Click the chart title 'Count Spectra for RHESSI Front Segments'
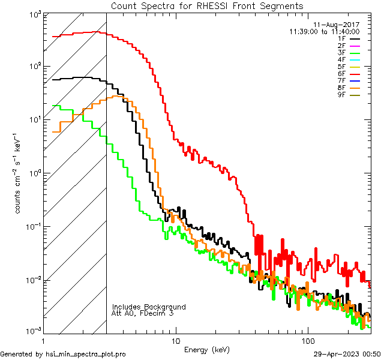pyautogui.click(x=207, y=5)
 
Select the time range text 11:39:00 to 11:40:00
pyautogui.click(x=324, y=31)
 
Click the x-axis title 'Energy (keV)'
pyautogui.click(x=207, y=349)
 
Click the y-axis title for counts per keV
pyautogui.click(x=19, y=174)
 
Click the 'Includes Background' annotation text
pyautogui.click(x=149, y=307)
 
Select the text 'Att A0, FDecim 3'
pyautogui.click(x=143, y=313)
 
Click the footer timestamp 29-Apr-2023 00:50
pyautogui.click(x=349, y=354)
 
